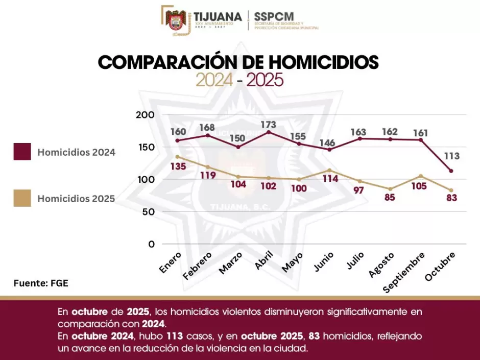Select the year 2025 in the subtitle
pyautogui.click(x=265, y=80)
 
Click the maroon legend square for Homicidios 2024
pyautogui.click(x=22, y=152)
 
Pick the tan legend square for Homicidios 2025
pyautogui.click(x=22, y=199)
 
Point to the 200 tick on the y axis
pyautogui.click(x=146, y=115)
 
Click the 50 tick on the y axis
pyautogui.click(x=148, y=212)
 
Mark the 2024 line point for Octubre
pyautogui.click(x=451, y=171)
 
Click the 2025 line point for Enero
pyautogui.click(x=177, y=156)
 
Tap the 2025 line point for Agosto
pyautogui.click(x=391, y=189)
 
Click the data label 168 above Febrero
pyautogui.click(x=207, y=127)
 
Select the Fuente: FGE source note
pyautogui.click(x=40, y=283)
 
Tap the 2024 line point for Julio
pyautogui.click(x=360, y=138)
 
